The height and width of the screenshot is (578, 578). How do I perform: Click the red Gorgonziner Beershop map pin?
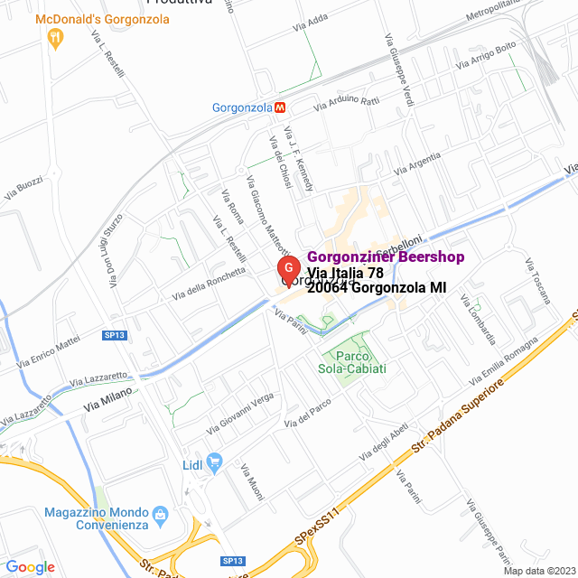coord(287,269)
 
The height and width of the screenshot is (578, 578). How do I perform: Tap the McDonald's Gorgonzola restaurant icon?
coord(56,37)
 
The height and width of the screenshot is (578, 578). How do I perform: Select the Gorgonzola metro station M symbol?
coord(281,107)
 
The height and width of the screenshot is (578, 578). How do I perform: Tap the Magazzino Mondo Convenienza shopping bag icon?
coord(161,515)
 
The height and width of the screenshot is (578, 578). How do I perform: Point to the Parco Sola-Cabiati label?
coord(352,362)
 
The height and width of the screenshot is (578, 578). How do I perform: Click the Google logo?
coord(30,566)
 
